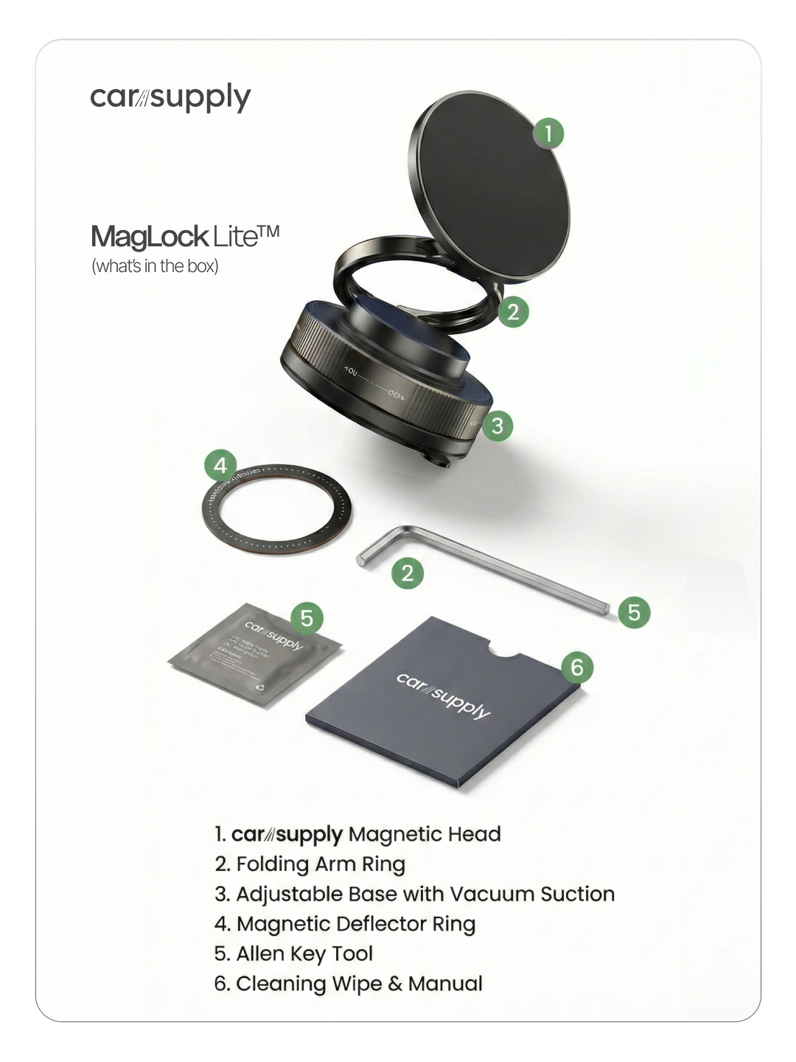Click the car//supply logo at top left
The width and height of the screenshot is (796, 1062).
pyautogui.click(x=170, y=97)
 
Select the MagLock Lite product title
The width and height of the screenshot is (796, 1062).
pyautogui.click(x=185, y=237)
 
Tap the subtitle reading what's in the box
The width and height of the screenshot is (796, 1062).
pyautogui.click(x=155, y=266)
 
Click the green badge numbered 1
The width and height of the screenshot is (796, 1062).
pyautogui.click(x=548, y=133)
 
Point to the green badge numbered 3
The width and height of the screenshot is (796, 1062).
pyautogui.click(x=497, y=426)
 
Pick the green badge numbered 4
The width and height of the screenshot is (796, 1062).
pyautogui.click(x=220, y=466)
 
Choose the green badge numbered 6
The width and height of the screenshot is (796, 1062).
pyautogui.click(x=577, y=667)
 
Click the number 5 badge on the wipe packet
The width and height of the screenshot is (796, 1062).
pyautogui.click(x=307, y=618)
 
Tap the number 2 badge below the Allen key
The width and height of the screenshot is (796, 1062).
pyautogui.click(x=408, y=573)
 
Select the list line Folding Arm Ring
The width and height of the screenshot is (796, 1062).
pyautogui.click(x=310, y=864)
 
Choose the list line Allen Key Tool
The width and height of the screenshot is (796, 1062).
pyautogui.click(x=293, y=954)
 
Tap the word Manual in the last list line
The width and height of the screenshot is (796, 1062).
pyautogui.click(x=445, y=984)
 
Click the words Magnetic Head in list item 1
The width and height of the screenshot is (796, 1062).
pyautogui.click(x=425, y=834)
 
